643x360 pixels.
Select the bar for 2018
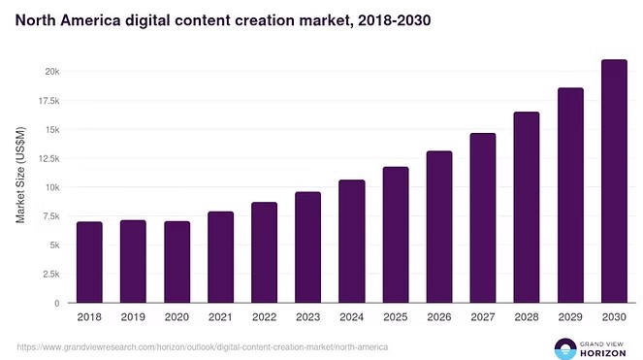tap(89, 262)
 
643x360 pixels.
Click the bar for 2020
tap(177, 262)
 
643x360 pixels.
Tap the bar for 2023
tap(307, 247)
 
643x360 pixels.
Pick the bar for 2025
tap(395, 235)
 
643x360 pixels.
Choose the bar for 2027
tap(482, 218)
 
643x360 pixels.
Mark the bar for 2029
tap(570, 195)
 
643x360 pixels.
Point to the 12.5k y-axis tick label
tap(47, 158)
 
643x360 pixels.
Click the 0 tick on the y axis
tap(57, 304)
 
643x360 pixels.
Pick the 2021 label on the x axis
tap(220, 317)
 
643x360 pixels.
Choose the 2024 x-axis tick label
tap(351, 317)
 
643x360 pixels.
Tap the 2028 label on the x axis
tap(526, 317)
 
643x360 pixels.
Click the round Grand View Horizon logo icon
tap(565, 347)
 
